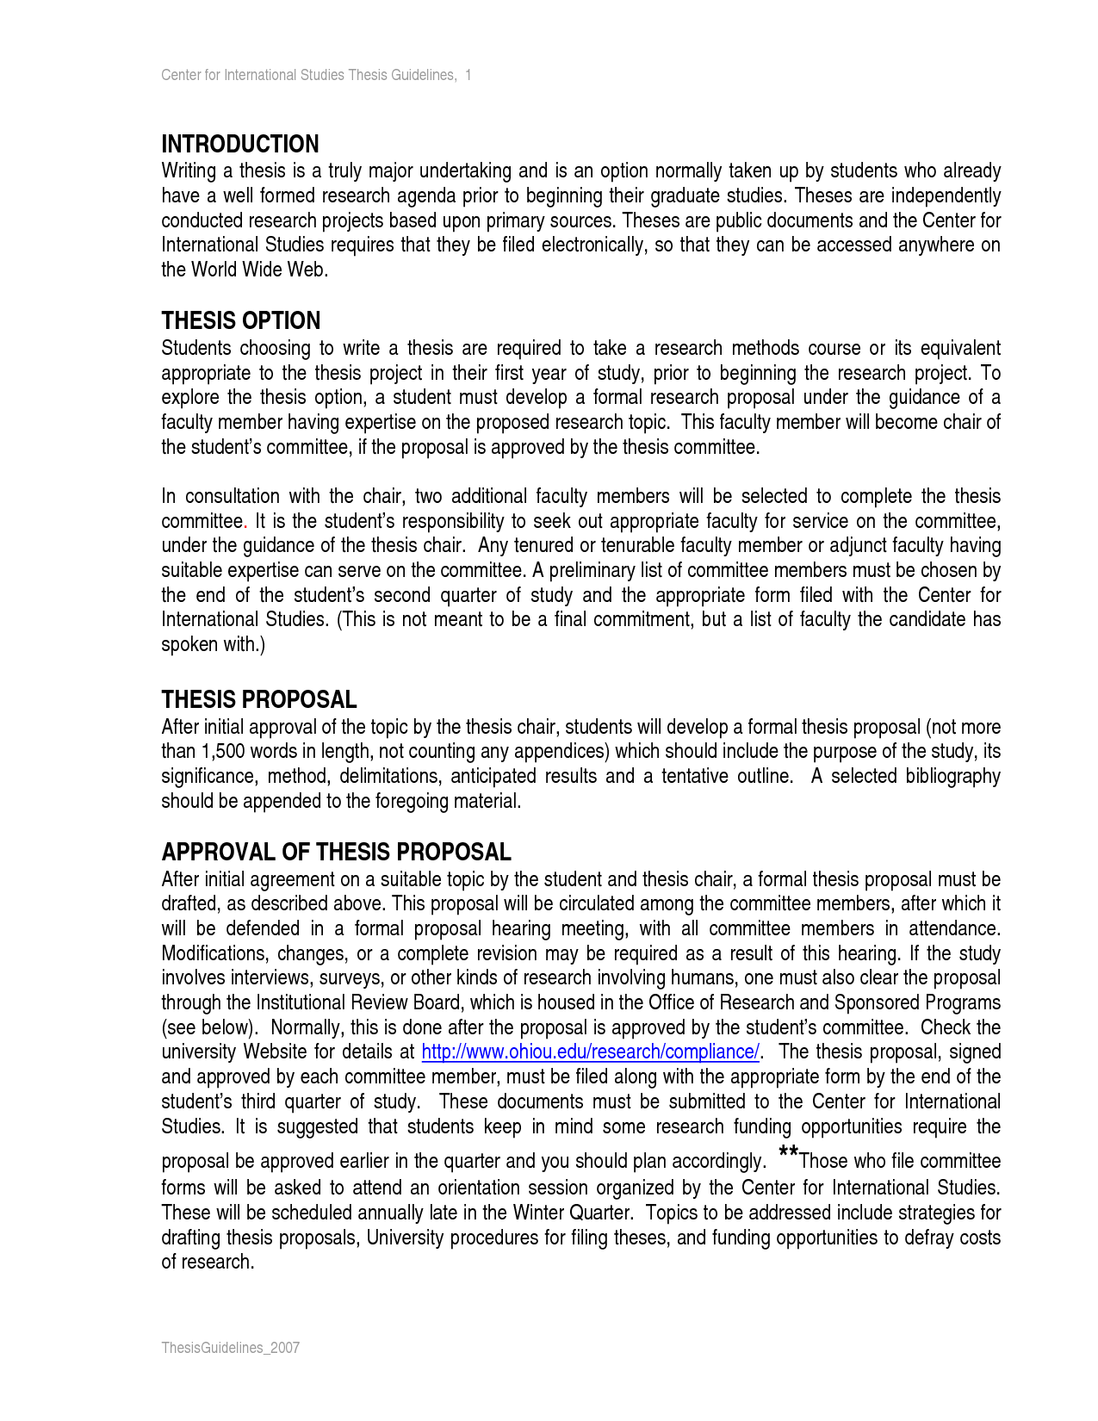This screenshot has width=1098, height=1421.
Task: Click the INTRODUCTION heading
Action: [240, 144]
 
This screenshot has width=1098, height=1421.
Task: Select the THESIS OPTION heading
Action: [241, 320]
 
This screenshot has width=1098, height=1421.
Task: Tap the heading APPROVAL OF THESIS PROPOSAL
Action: [336, 852]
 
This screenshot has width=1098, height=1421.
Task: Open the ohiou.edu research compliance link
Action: [590, 1052]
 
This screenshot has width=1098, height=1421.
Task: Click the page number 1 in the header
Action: [468, 75]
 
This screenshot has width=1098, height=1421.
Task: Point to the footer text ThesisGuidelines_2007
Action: [230, 1348]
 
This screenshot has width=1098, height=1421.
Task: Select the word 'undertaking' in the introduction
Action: [467, 171]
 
